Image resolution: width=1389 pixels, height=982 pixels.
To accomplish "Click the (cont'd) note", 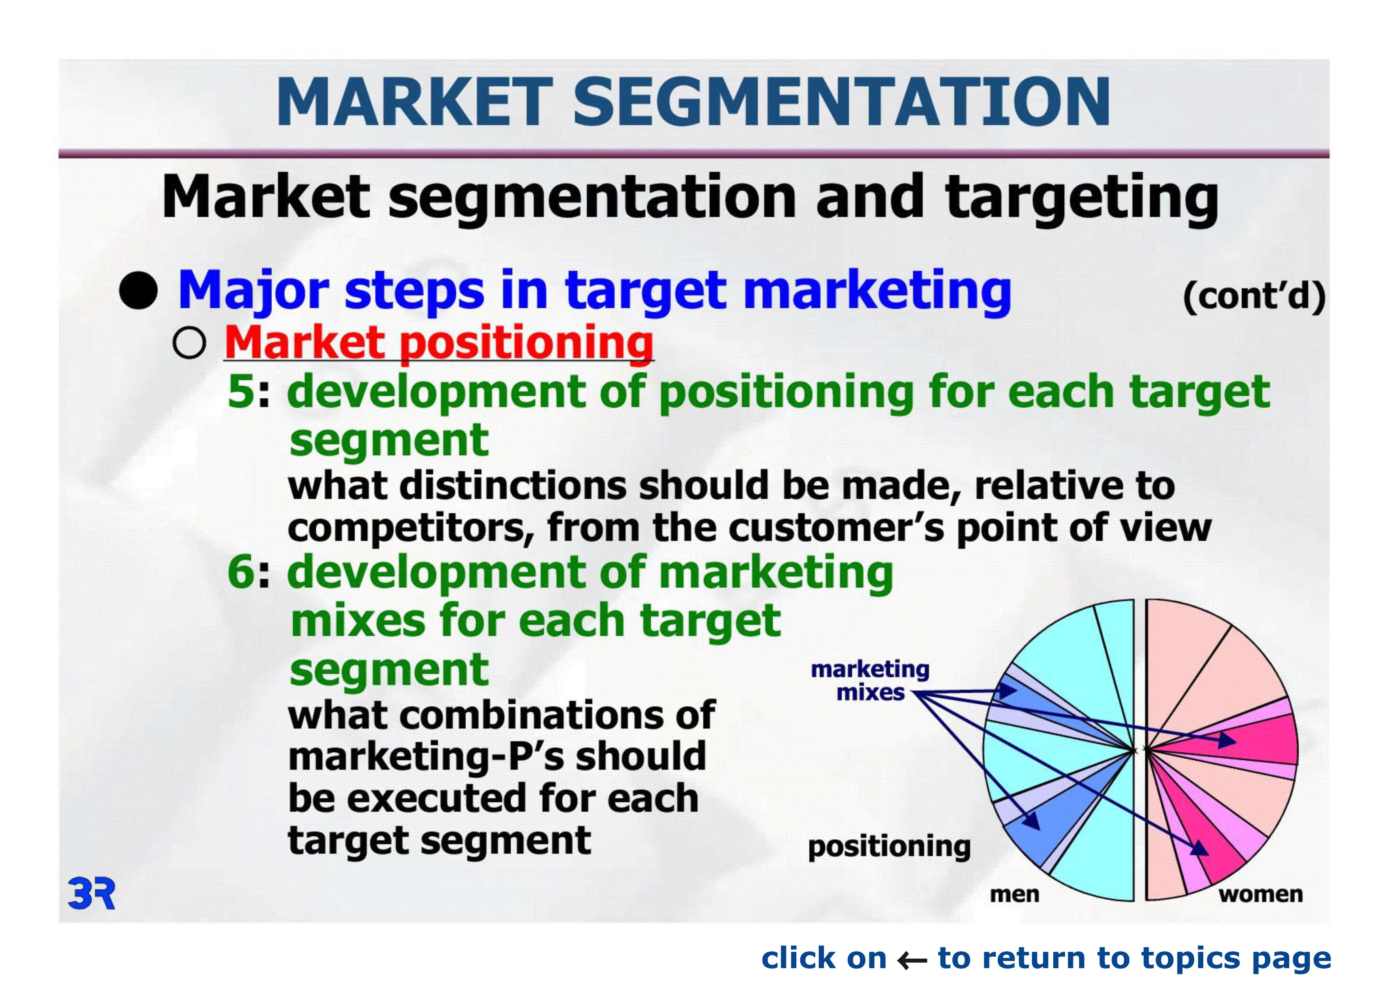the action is pyautogui.click(x=1254, y=297).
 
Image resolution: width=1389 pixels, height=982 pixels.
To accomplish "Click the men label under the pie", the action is pyautogui.click(x=1014, y=894).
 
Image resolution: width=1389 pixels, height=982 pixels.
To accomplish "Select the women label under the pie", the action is pyautogui.click(x=1261, y=894).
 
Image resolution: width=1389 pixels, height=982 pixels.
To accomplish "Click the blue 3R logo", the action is pyautogui.click(x=91, y=894).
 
